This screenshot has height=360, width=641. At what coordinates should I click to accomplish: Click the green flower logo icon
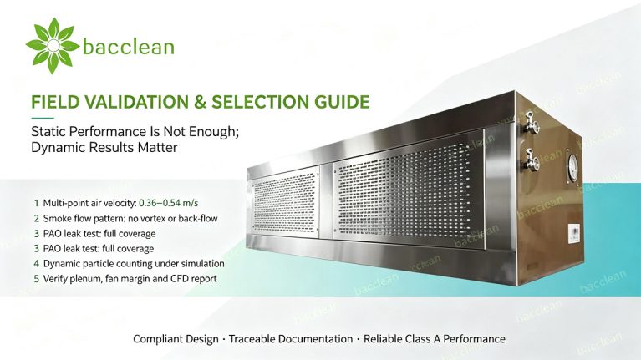point(53,46)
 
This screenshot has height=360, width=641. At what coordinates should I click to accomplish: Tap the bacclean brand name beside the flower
point(129,46)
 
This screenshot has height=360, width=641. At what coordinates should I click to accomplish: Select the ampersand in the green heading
point(200,102)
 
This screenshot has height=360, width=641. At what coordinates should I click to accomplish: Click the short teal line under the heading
point(43,118)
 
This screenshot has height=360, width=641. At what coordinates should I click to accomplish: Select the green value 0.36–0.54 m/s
point(169,203)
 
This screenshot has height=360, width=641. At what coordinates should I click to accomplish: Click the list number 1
point(37,203)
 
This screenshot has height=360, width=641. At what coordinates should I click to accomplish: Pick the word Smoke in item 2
point(56,218)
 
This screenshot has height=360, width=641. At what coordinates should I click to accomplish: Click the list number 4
point(37,264)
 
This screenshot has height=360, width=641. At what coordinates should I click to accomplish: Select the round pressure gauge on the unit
point(572,168)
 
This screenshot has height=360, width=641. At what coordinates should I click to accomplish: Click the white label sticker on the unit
point(574,233)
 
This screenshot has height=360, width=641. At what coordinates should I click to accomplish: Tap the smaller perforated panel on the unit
point(285,203)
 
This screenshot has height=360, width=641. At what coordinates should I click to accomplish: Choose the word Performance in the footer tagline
point(474,339)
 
